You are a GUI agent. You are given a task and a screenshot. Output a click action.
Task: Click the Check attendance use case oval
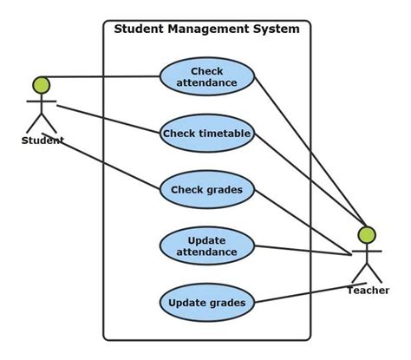[x=207, y=76]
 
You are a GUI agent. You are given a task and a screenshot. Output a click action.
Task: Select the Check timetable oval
[x=207, y=134]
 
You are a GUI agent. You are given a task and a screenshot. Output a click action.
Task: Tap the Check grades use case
[x=207, y=190]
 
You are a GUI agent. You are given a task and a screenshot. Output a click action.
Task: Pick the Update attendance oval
[x=207, y=246]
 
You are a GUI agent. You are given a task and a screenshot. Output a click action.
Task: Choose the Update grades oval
[x=207, y=303]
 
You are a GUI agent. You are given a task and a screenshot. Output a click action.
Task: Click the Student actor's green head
[x=42, y=85]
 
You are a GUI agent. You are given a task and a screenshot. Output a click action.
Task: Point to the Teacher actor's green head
[x=367, y=234]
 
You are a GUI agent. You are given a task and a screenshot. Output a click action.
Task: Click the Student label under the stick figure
[x=42, y=141]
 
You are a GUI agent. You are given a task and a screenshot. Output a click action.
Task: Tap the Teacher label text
[x=368, y=291]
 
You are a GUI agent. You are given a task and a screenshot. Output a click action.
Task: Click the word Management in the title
[x=208, y=29]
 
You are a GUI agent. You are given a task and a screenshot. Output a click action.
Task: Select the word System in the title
[x=276, y=29]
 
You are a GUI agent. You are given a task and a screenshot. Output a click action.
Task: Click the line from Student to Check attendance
[x=101, y=77]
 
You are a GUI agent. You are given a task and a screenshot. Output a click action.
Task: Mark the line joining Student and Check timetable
[x=108, y=119]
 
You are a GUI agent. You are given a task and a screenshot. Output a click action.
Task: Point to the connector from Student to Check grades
[x=101, y=161]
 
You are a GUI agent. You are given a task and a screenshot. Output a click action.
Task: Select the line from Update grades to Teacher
[x=310, y=292]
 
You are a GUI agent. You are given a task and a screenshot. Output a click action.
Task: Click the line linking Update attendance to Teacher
[x=303, y=251]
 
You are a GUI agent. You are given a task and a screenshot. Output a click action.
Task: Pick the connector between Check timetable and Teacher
[x=310, y=180]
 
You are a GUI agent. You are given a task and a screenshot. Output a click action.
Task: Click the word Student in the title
[x=140, y=29]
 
